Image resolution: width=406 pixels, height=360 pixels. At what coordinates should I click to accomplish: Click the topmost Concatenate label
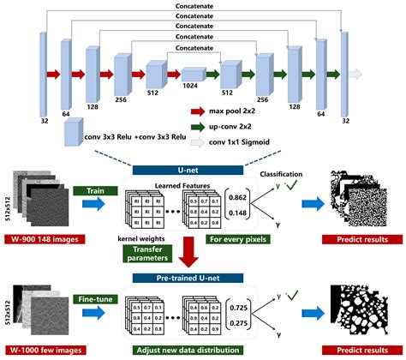203,5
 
